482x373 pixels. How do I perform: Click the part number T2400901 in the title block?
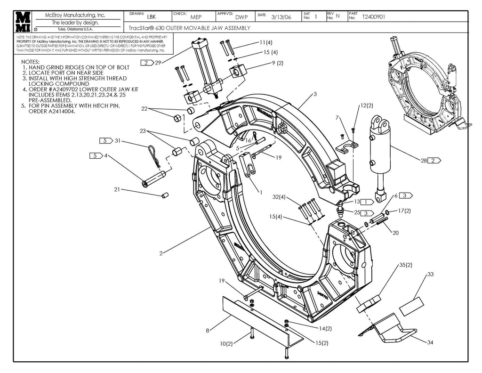(x=373, y=17)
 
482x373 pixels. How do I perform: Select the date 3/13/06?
(x=281, y=17)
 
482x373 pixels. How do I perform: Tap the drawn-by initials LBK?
(x=151, y=17)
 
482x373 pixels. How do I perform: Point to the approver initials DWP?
(x=241, y=17)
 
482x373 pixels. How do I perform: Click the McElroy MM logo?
(x=23, y=22)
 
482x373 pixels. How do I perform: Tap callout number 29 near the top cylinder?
(x=158, y=63)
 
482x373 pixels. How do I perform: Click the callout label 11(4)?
(x=265, y=42)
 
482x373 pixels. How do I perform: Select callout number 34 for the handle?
(x=430, y=342)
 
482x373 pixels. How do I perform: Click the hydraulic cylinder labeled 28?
(x=380, y=155)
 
